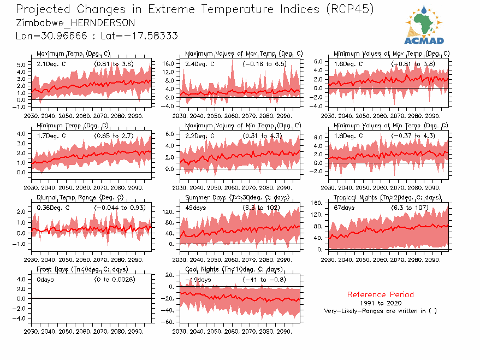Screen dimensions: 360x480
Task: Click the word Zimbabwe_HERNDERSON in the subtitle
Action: (76, 23)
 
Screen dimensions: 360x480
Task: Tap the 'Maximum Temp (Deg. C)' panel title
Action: (74, 54)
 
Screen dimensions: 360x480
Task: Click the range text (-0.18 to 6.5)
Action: (264, 64)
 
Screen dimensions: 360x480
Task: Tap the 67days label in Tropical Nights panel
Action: (345, 208)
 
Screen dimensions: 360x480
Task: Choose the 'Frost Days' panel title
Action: (82, 269)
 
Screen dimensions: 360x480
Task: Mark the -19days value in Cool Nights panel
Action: (198, 280)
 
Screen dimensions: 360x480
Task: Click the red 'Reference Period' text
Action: (380, 294)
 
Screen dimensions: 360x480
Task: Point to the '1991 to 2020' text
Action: (380, 303)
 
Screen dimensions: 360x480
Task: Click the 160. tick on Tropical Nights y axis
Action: (316, 203)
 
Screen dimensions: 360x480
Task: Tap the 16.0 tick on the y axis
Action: (168, 64)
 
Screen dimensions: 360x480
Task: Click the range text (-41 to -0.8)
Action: (264, 280)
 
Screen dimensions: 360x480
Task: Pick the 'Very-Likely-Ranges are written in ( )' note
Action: (380, 311)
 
